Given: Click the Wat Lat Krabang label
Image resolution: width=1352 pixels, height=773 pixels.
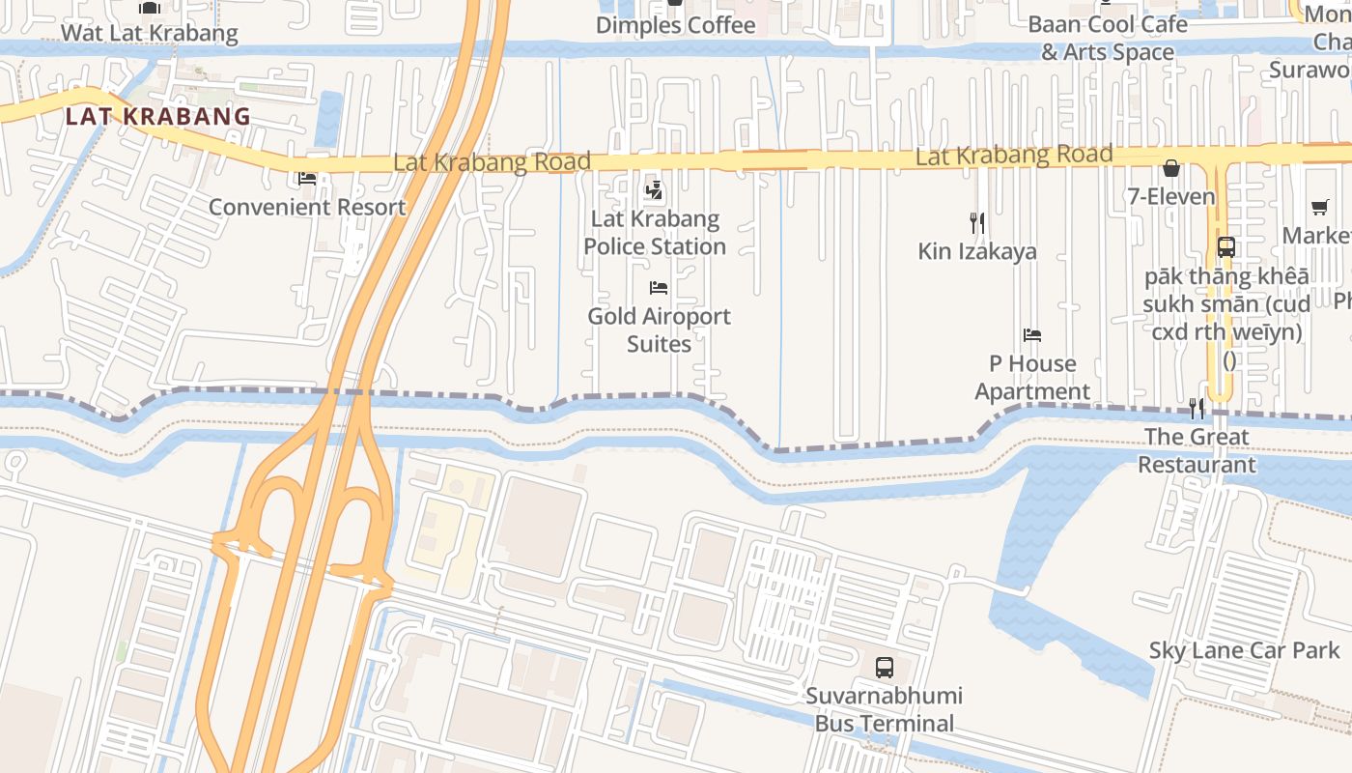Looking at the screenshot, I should click(x=149, y=33).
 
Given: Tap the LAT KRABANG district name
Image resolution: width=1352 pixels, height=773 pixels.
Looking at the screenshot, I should click(x=158, y=117).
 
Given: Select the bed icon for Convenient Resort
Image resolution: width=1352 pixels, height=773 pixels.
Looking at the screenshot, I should click(x=307, y=179).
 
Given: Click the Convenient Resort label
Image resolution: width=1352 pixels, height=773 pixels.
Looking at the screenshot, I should click(x=307, y=207).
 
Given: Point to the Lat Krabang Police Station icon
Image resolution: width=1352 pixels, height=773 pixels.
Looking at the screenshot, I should click(x=655, y=191).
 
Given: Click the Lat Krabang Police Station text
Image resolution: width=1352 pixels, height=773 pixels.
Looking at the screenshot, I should click(x=655, y=233).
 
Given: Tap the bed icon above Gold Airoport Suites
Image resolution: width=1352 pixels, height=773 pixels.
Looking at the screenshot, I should click(x=659, y=288).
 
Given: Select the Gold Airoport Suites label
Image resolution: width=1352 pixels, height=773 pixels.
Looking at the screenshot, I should click(x=659, y=329).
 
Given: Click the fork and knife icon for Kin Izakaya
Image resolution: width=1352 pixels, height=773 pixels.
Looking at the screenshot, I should click(x=977, y=223).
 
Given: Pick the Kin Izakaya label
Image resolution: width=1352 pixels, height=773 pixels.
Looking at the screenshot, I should click(x=977, y=251).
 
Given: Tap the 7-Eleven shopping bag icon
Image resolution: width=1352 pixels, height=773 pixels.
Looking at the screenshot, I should click(x=1171, y=169).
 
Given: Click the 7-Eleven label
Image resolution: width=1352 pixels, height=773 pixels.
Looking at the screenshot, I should click(x=1171, y=197).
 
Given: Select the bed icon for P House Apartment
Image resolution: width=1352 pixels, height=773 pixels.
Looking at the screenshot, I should click(x=1032, y=335).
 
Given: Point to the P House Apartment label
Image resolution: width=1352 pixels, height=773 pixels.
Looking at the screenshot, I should click(x=1032, y=377).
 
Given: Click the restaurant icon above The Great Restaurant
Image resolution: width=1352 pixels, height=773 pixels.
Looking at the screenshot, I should click(x=1197, y=409).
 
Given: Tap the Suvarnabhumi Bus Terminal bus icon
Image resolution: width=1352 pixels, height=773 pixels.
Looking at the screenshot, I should click(x=884, y=667).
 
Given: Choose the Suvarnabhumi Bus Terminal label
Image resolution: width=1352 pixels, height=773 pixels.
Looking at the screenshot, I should click(x=884, y=709).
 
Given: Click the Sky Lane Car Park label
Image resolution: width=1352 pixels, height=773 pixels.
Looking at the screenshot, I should click(x=1245, y=650).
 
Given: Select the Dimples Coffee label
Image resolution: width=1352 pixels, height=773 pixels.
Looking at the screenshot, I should click(x=675, y=25).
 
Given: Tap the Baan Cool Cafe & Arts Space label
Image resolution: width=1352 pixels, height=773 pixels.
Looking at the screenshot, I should click(x=1107, y=38).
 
